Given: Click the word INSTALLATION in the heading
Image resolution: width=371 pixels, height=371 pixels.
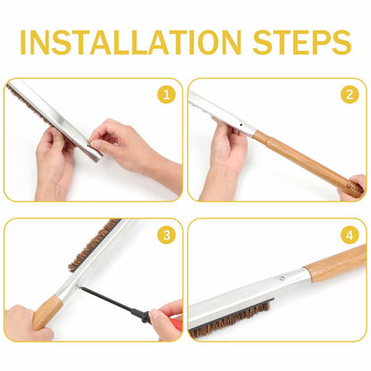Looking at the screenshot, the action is point(130,42).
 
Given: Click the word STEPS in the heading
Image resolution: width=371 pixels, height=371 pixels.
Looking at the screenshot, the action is point(302,42).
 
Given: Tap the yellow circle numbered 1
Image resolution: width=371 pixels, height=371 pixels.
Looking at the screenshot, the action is point(167,95).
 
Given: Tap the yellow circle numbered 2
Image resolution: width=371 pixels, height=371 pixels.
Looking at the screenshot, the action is point(350,95).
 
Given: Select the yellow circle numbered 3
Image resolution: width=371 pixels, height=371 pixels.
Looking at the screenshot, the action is point(167,235).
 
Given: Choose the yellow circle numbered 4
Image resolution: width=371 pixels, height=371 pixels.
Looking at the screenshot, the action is point(350,235).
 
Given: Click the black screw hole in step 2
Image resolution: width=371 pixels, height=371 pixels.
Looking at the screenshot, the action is point(241,125).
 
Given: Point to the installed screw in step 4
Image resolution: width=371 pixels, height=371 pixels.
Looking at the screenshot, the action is point(282,278).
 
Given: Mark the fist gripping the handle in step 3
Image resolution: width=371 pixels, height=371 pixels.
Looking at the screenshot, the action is point(28,323).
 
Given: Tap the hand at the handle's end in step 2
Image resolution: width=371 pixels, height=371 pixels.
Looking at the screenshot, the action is point(354,188).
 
